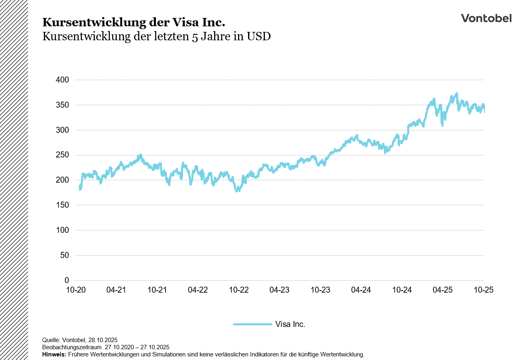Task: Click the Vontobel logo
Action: [486, 18]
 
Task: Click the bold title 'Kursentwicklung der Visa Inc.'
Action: [134, 22]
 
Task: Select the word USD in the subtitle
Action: [259, 36]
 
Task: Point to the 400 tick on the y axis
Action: [62, 80]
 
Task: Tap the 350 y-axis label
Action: [62, 105]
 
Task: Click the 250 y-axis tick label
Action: [62, 155]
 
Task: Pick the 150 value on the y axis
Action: [62, 205]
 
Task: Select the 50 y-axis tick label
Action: [64, 255]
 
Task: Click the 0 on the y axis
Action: [67, 280]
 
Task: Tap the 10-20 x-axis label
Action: [76, 290]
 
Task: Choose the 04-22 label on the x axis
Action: [198, 290]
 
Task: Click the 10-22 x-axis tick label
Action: [239, 290]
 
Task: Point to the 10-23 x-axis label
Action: [320, 290]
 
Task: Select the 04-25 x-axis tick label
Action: [443, 290]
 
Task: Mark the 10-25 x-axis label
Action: [483, 290]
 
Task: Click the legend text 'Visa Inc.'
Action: [290, 325]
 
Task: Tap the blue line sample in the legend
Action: [252, 325]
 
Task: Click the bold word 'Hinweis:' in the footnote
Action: [54, 354]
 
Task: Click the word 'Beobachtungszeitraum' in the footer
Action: [72, 347]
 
